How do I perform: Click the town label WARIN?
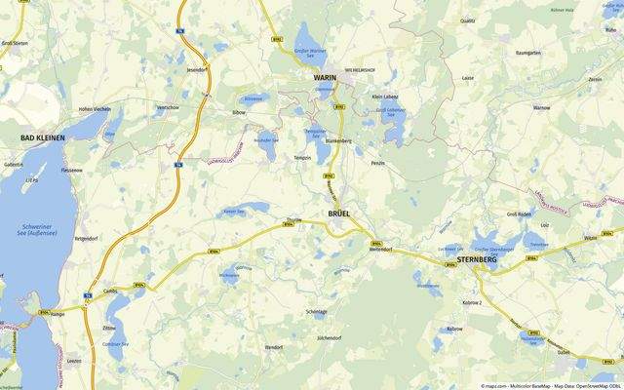click(324, 77)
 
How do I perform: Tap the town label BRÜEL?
click(338, 214)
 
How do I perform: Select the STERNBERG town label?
click(477, 261)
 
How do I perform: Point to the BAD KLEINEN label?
click(43, 138)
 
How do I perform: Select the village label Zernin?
click(595, 79)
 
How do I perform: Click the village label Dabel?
click(564, 354)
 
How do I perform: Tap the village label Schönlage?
click(317, 311)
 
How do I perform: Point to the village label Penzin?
click(379, 163)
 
